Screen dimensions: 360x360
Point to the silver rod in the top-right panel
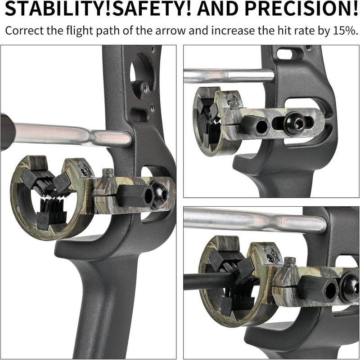click(x=229, y=76)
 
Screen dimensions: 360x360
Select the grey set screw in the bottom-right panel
click(x=290, y=262)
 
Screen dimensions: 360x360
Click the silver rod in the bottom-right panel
click(x=255, y=220)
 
